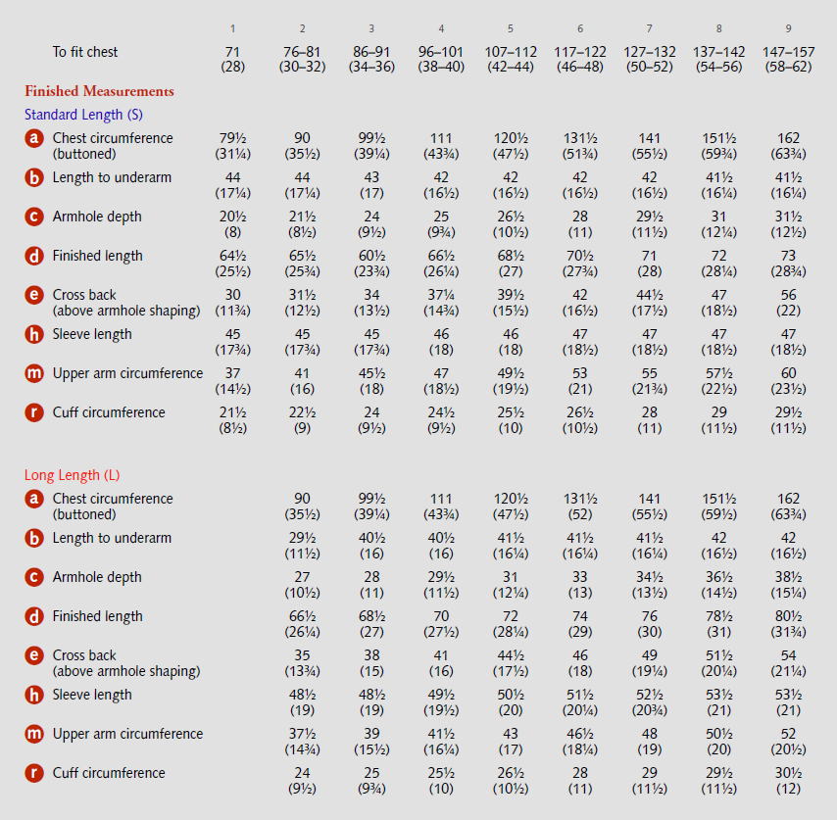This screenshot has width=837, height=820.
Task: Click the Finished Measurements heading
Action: pyautogui.click(x=99, y=91)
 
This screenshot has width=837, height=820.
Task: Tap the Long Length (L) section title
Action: pyautogui.click(x=72, y=475)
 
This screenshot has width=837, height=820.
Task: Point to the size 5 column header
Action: pyautogui.click(x=511, y=28)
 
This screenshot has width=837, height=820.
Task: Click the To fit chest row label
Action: pyautogui.click(x=85, y=51)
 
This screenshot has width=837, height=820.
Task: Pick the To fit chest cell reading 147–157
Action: pyautogui.click(x=788, y=51)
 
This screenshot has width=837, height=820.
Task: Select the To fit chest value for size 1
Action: pyautogui.click(x=232, y=51)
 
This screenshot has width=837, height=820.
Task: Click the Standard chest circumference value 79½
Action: pyautogui.click(x=232, y=138)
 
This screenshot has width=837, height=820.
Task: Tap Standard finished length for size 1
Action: pyautogui.click(x=232, y=256)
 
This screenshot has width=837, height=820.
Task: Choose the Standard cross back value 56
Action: pyautogui.click(x=788, y=295)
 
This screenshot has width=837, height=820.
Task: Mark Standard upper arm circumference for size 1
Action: pyautogui.click(x=232, y=373)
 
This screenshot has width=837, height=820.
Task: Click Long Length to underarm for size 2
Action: pyautogui.click(x=302, y=538)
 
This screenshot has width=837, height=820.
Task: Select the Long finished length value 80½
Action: pyautogui.click(x=788, y=616)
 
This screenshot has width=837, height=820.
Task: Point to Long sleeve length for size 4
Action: pyautogui.click(x=441, y=695)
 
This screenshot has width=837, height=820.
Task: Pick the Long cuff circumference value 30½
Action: pyautogui.click(x=788, y=773)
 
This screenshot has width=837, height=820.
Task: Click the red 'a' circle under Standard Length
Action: pyautogui.click(x=35, y=139)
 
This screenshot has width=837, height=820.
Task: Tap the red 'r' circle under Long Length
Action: pyautogui.click(x=35, y=774)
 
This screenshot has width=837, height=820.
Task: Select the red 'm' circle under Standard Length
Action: pyautogui.click(x=35, y=374)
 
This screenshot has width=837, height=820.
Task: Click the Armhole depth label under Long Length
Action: pyautogui.click(x=97, y=577)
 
